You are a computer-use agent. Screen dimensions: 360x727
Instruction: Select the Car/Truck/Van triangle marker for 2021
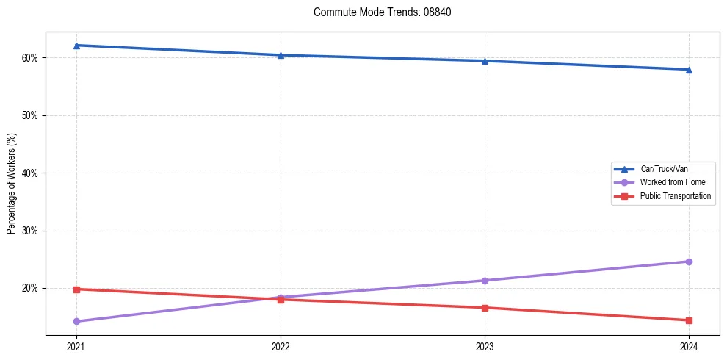(x=76, y=46)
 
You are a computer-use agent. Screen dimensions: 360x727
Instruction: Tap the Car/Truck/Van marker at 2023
(x=485, y=61)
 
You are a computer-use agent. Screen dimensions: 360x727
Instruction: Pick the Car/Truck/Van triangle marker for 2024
(x=689, y=70)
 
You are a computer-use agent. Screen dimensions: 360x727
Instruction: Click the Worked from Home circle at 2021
(x=76, y=321)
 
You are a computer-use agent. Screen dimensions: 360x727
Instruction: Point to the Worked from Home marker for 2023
(x=485, y=281)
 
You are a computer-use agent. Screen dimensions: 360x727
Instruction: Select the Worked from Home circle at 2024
(x=689, y=262)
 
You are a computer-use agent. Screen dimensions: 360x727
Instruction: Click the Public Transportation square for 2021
(x=76, y=289)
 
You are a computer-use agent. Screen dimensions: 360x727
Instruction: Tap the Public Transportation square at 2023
(x=485, y=308)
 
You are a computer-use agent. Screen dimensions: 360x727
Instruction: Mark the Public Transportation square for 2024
(x=689, y=320)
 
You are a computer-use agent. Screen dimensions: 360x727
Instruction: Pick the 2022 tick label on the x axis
(x=281, y=346)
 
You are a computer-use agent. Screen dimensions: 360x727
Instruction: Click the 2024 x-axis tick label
(x=689, y=346)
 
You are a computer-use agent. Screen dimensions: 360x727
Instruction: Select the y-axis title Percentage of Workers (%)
(x=11, y=184)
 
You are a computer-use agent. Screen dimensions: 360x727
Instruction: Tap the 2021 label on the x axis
(x=76, y=346)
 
